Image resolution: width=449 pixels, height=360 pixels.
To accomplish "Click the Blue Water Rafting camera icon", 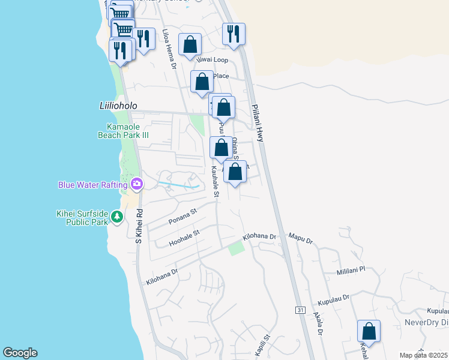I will pos(137,184).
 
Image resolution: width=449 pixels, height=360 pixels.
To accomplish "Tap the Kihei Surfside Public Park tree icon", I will pos(116,217).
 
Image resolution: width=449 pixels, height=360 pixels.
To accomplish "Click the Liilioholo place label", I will pos(118,106).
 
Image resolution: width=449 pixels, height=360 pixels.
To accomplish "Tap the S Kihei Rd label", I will pos(139,225).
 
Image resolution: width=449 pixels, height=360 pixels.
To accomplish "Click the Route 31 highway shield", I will pos(300,310).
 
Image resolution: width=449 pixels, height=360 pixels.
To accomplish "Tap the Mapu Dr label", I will pos(301,239).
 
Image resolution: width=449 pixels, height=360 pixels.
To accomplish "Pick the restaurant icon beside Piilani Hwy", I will pos(234,34).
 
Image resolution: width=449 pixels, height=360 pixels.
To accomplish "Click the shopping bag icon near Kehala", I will pos(369,331).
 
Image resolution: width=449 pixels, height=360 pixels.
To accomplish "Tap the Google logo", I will pos(20,353).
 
